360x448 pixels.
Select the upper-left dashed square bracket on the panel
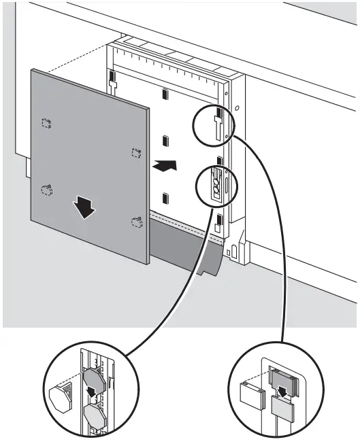click(46, 123)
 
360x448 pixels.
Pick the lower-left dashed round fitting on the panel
click(46, 190)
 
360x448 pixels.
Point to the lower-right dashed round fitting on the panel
click(136, 221)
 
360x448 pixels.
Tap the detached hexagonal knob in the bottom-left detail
click(61, 394)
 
